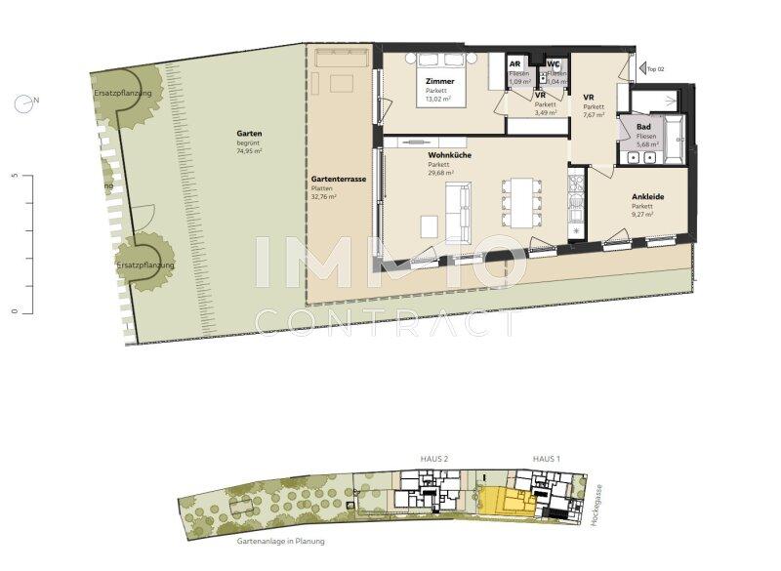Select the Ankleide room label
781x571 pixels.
[647, 197]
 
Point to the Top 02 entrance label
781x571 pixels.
[654, 69]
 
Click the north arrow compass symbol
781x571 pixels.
[22, 101]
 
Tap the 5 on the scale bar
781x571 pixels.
[15, 176]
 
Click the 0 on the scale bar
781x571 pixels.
[15, 311]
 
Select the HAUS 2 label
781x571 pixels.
[433, 459]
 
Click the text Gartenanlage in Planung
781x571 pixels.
[281, 540]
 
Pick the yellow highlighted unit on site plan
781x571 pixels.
[503, 500]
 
